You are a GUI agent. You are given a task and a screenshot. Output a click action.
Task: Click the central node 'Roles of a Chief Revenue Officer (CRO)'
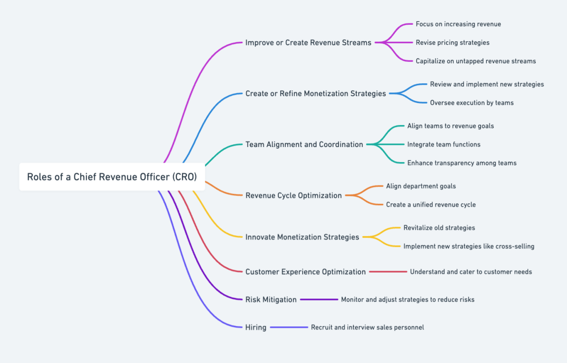(x=112, y=177)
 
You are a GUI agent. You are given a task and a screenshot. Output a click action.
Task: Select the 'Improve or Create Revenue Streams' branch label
(x=308, y=43)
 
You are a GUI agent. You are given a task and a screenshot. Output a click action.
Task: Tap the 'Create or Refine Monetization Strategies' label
(x=316, y=93)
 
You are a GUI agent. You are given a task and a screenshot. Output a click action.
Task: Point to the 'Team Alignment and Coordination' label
(x=304, y=144)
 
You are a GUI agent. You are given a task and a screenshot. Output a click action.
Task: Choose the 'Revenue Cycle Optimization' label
(x=294, y=195)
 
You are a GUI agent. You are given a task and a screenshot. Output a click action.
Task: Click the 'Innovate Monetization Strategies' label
(x=302, y=237)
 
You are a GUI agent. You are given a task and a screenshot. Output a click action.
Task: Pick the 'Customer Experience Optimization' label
(x=305, y=272)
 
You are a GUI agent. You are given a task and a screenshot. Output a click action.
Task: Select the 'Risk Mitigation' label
(x=271, y=300)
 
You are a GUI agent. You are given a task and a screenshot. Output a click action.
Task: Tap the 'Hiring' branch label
(x=256, y=327)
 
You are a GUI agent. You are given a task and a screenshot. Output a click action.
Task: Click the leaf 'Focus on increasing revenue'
(x=458, y=24)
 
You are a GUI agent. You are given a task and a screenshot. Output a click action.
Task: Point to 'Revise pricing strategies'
(x=452, y=43)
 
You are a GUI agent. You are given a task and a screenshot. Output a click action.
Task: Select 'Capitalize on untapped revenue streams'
(x=476, y=61)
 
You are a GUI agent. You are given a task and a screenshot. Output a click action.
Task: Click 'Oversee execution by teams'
(x=471, y=103)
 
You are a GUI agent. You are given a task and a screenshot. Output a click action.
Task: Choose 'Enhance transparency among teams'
(x=462, y=163)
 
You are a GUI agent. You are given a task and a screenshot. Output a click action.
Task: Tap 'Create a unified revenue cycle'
(x=431, y=205)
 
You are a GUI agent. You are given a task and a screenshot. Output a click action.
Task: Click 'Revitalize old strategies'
(x=439, y=228)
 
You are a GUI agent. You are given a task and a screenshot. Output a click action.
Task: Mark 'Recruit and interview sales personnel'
(x=367, y=327)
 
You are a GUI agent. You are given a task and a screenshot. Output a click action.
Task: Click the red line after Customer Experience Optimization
(x=388, y=272)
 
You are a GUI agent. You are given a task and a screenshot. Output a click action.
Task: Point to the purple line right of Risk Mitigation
(x=319, y=299)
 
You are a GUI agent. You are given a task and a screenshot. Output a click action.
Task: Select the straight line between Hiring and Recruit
(x=289, y=327)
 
